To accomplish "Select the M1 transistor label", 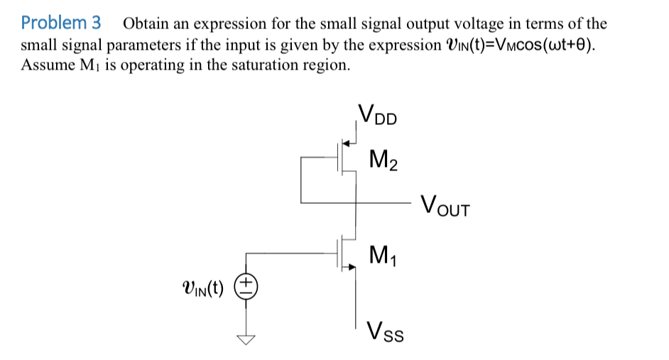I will (384, 253).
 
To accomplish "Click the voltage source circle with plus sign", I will (246, 288).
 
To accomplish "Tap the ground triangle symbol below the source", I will (246, 339).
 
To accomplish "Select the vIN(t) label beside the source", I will (202, 288).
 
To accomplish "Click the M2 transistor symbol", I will (347, 161).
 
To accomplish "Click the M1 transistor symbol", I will (347, 253).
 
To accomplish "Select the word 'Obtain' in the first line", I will (146, 23).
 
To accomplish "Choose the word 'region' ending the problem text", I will (326, 65).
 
